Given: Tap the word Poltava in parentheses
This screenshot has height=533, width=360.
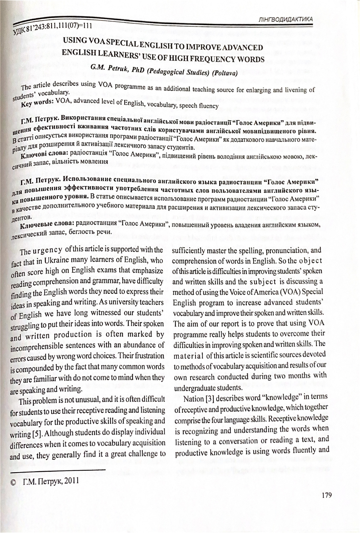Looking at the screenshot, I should [225, 73].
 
